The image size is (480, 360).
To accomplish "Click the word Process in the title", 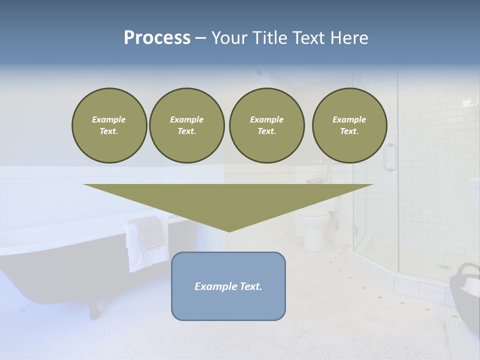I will pos(157,38).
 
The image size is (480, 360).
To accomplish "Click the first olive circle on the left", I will pos(109,125).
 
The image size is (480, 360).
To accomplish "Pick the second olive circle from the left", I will pos(186,125).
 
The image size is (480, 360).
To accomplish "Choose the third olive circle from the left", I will pos(266,125).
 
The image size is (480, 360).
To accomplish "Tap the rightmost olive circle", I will pos(349,125).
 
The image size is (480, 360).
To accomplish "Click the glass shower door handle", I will pos(389,157).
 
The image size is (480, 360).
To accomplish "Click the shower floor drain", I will pos(444,266).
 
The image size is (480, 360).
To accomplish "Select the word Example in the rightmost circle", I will pos(349,119).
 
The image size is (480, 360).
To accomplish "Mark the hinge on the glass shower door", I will pos(354,230).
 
